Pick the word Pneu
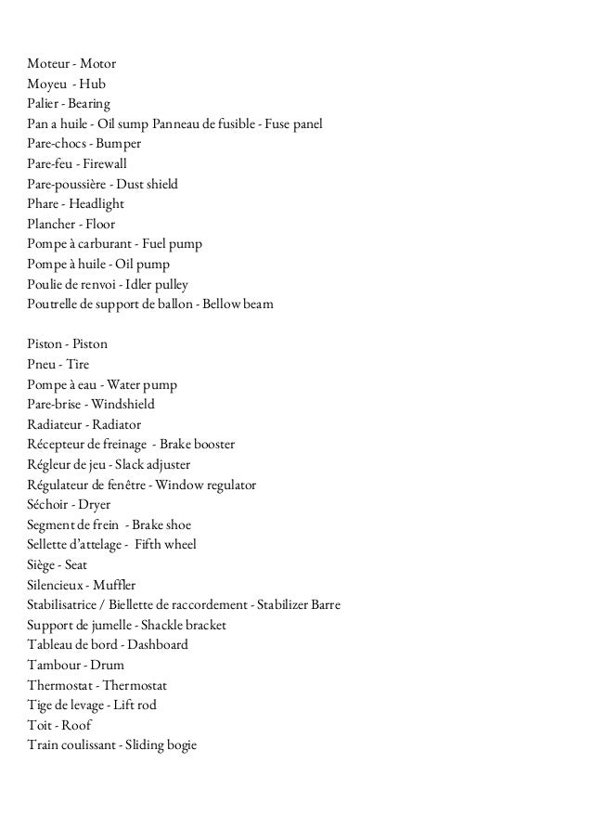click(x=43, y=365)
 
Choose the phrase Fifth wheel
click(x=165, y=545)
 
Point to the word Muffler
click(x=114, y=585)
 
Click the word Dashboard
click(x=158, y=645)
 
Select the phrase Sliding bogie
click(x=159, y=745)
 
